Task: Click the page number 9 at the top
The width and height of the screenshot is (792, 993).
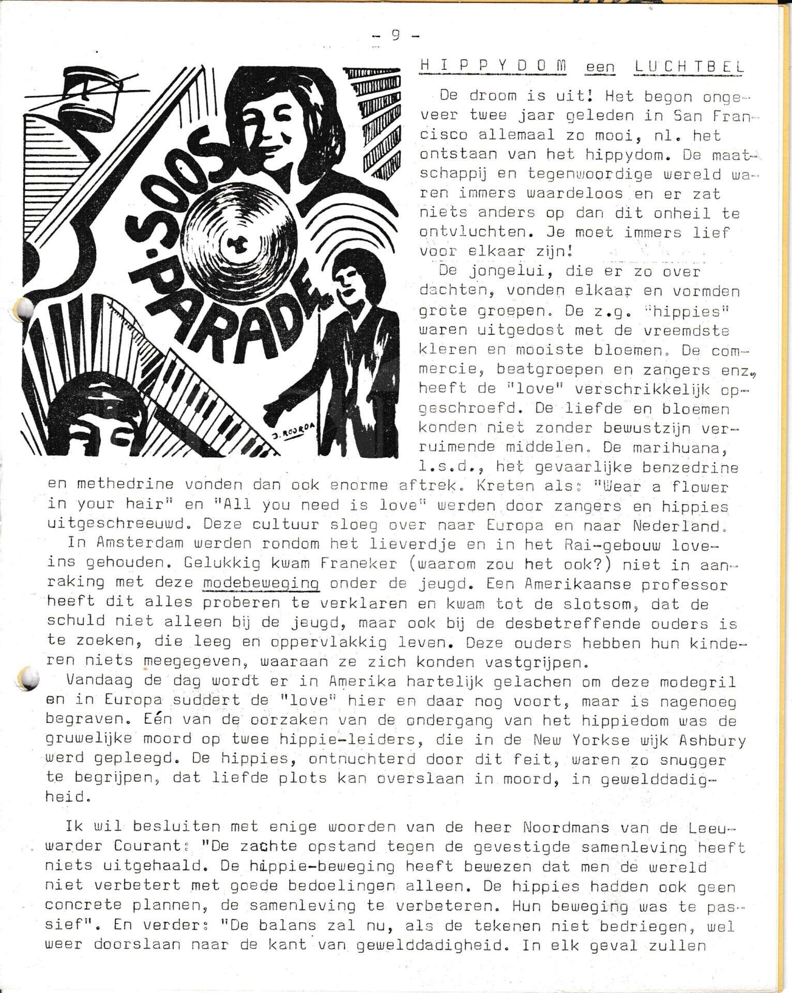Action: click(x=395, y=36)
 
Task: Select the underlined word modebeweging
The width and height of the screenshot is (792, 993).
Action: click(x=261, y=584)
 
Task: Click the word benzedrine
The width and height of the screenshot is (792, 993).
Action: click(x=690, y=468)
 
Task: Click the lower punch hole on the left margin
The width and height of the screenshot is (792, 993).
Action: click(x=28, y=678)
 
